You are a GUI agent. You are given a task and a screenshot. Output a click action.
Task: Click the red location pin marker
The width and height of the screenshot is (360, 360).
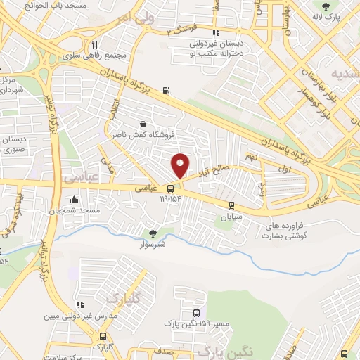click(x=180, y=166)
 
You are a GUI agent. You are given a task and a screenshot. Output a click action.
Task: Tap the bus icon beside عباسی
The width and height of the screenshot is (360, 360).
click(x=170, y=188)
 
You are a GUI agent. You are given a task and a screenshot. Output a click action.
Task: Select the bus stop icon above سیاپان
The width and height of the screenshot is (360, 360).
click(x=231, y=205)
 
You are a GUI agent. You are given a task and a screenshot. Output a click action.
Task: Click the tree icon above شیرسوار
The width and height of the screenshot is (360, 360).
click(x=153, y=233)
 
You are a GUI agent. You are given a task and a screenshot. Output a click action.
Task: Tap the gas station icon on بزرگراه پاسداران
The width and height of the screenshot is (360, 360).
click(x=165, y=90)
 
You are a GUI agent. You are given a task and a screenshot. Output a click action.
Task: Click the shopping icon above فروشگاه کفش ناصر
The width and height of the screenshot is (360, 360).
click(x=143, y=124)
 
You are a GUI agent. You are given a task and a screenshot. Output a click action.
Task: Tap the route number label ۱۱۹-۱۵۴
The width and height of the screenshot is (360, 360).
click(x=170, y=200)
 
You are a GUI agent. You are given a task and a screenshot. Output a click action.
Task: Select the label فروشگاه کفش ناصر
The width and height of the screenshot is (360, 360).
click(x=142, y=134)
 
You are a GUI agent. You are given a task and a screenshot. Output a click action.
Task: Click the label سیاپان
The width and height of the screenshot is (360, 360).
click(x=231, y=217)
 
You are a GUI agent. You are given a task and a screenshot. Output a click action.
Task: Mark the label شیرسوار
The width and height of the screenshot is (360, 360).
click(x=154, y=245)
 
